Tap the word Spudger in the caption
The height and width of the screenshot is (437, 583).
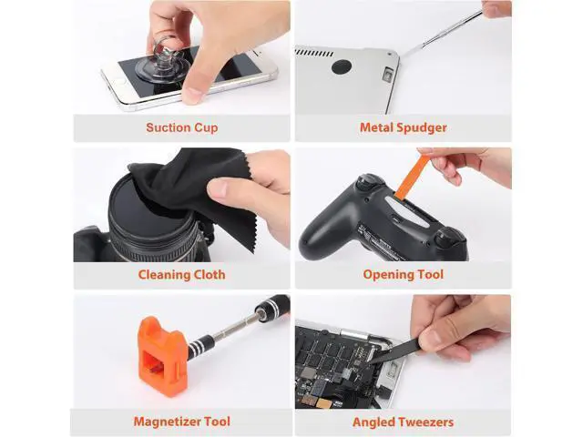point(421,127)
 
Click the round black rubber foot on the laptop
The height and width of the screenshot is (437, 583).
point(342,66)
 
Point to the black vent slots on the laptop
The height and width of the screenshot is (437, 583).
point(314,53)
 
